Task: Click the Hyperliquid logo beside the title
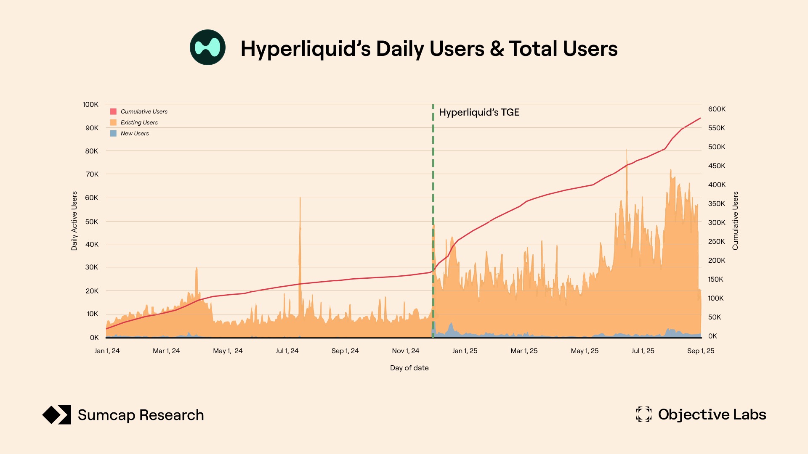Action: tap(207, 48)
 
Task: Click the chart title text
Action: tap(429, 49)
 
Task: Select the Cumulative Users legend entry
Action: tap(144, 111)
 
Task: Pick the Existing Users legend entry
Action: tap(139, 122)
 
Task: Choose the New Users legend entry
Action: tap(135, 133)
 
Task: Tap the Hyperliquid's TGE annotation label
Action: tap(479, 112)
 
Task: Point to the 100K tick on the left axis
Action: tap(90, 104)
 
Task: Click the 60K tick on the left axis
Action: tap(91, 198)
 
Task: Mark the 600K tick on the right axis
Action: tap(717, 109)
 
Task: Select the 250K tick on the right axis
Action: tap(717, 241)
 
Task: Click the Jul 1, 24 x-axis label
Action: tap(287, 351)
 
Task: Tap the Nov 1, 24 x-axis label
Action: tap(405, 351)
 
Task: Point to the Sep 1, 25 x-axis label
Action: tap(701, 351)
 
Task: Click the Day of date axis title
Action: tap(409, 368)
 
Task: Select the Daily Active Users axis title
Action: tap(74, 221)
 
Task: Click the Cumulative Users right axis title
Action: tap(735, 221)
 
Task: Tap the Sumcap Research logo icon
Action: tap(57, 415)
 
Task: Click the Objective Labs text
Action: tap(712, 414)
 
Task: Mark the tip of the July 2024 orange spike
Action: tap(300, 198)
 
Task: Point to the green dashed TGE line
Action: tap(433, 189)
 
